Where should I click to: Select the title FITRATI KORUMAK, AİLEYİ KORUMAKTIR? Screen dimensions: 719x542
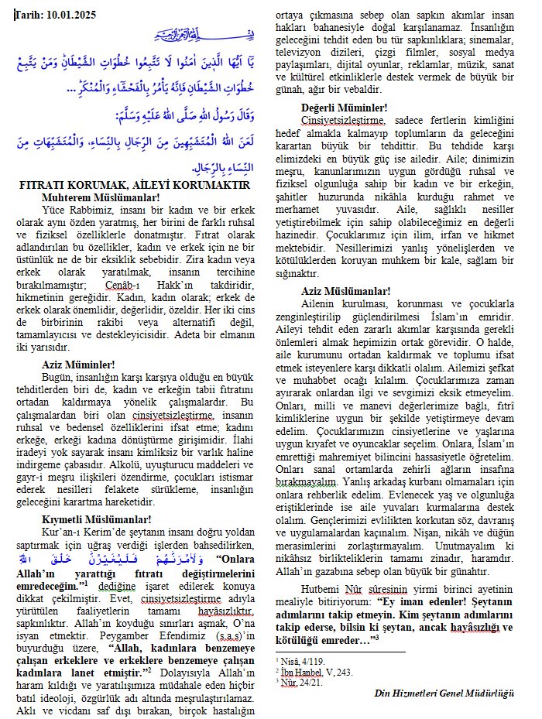click(x=134, y=185)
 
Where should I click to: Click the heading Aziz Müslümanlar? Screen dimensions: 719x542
click(x=346, y=291)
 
